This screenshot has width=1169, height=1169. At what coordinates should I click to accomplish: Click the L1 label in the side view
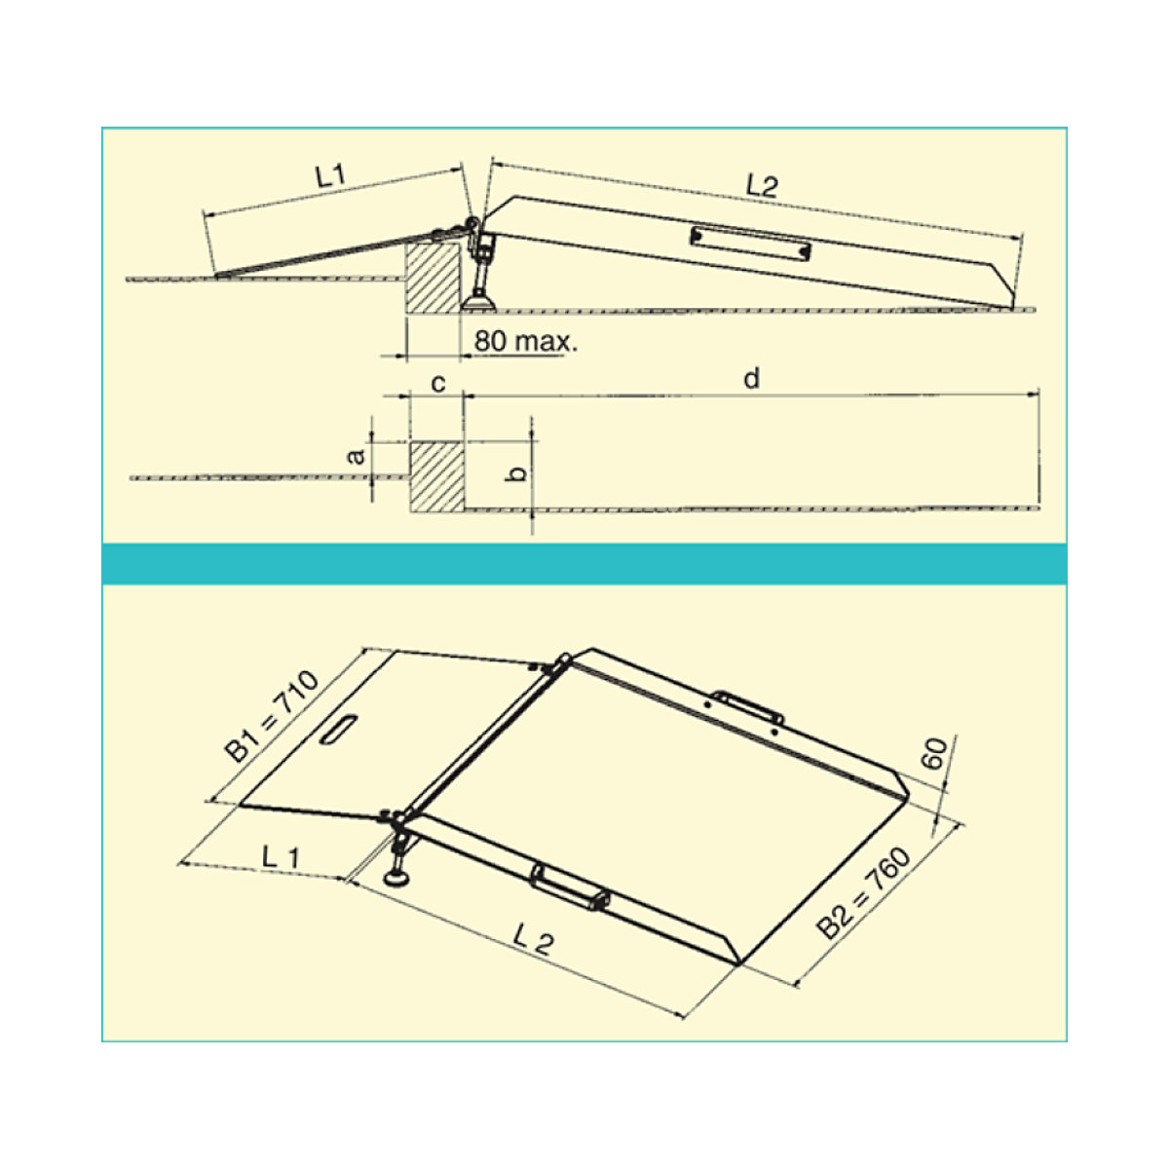click(331, 178)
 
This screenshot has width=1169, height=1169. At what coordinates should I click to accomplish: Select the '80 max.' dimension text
click(525, 343)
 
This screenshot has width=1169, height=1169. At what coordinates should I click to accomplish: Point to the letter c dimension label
click(438, 383)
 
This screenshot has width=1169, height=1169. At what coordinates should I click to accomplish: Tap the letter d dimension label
click(750, 379)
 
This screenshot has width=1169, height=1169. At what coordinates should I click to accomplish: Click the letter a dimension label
click(358, 455)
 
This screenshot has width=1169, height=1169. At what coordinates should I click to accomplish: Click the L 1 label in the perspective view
click(281, 857)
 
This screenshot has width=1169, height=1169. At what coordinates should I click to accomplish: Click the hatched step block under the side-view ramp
click(433, 278)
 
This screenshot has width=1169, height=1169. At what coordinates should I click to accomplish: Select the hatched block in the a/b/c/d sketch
click(436, 476)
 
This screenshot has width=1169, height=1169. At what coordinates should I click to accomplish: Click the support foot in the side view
click(479, 283)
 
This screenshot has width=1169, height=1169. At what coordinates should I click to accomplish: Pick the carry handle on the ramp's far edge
click(746, 706)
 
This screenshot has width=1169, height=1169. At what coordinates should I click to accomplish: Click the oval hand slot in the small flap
click(336, 731)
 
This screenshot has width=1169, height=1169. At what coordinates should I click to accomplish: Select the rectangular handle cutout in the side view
click(750, 244)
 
